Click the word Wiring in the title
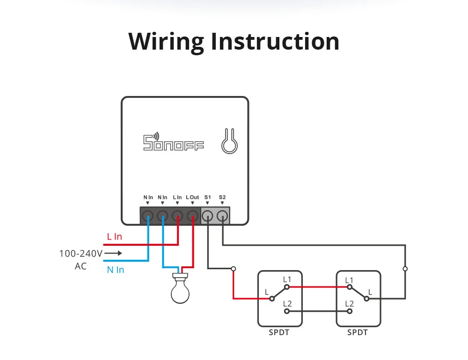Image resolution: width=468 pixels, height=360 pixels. [166, 42]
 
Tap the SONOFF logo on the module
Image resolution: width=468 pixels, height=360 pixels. [173, 142]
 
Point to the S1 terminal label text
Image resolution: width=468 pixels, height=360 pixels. [208, 198]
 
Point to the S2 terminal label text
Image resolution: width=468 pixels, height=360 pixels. [222, 198]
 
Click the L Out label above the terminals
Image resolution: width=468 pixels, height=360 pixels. [192, 198]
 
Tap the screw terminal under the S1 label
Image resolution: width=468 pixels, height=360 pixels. [207, 216]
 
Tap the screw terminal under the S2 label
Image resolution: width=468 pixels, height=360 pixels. [223, 216]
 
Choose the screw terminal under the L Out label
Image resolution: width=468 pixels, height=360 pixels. [192, 216]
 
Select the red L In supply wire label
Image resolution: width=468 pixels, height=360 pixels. [114, 237]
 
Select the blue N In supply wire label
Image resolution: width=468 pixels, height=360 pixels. [116, 270]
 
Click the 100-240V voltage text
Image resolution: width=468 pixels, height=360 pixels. [80, 254]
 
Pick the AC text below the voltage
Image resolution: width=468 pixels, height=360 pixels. [80, 266]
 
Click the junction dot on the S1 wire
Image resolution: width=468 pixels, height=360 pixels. [234, 269]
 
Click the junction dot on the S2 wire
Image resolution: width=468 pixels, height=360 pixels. [405, 269]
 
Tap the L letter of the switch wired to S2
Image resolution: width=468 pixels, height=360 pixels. [370, 292]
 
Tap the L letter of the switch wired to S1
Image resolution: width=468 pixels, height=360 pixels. [267, 292]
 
